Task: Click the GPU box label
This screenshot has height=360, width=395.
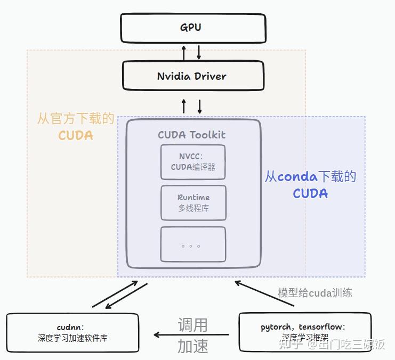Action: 191,27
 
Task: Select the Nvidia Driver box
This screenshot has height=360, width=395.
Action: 193,76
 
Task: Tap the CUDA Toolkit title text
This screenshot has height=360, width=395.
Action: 191,135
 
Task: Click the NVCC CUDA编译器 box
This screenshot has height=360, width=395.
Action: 193,162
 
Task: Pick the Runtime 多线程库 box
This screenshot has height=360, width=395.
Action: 193,202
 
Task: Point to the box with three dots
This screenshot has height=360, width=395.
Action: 193,244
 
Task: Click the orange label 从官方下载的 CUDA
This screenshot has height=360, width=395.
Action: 76,127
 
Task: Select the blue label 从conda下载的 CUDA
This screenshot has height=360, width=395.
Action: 310,184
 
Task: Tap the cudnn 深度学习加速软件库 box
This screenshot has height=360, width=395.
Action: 72,333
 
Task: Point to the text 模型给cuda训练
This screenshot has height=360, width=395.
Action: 315,292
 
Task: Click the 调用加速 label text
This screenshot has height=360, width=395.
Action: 192,336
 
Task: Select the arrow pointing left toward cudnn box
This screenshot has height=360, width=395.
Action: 192,335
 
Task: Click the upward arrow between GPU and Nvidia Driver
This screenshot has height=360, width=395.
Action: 184,52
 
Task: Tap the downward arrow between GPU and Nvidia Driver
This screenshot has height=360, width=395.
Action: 199,52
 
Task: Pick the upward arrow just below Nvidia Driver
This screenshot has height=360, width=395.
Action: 184,105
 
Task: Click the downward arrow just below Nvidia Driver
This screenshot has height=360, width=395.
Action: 200,105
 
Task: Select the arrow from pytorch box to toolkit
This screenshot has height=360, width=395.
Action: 264,293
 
